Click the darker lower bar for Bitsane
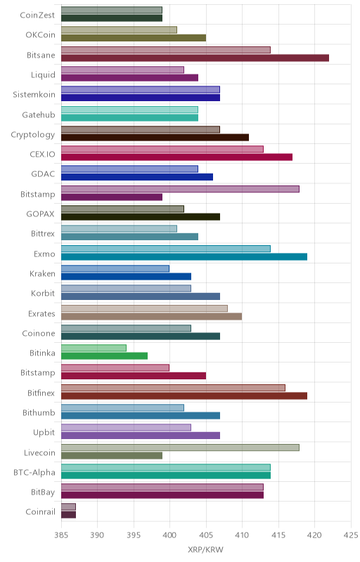coord(195,58)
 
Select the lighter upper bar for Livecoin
coord(181,447)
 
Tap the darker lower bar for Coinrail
coord(68,515)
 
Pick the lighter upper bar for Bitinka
coord(94,348)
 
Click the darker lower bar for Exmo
coord(184,256)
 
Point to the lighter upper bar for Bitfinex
coord(173,388)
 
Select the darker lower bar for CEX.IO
coord(176,157)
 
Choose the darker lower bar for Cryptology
coord(155,137)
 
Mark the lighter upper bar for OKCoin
coord(119,30)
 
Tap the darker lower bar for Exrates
coord(152,317)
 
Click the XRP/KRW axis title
coord(205,550)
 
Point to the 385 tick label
coord(61,535)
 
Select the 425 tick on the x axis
coord(351,535)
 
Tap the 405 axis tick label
coord(206,535)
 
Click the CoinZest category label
coord(37,15)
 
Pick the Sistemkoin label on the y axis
coord(34,95)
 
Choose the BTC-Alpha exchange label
coord(34,472)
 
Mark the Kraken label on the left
coord(42,274)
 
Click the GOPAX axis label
coord(41,214)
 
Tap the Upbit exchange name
coord(44,433)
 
